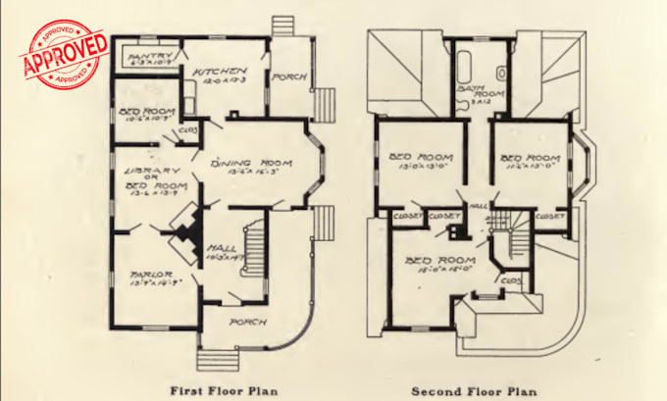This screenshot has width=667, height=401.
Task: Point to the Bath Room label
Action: point(475,96)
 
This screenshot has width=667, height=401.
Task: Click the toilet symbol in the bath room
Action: point(501,73)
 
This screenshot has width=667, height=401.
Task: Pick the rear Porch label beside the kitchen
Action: point(289,75)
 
